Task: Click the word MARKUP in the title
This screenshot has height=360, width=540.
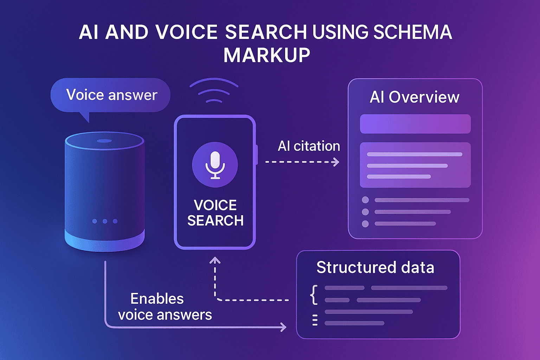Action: (267, 55)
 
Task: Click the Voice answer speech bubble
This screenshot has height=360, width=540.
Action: (111, 95)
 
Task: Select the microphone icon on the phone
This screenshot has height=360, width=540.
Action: (215, 165)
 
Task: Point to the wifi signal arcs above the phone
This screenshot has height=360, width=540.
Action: (214, 91)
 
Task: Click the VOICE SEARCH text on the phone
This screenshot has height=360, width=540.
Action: (215, 213)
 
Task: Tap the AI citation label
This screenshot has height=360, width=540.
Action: (309, 146)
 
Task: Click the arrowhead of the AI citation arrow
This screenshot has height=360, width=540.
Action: (336, 162)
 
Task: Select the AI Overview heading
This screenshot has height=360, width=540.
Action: (414, 97)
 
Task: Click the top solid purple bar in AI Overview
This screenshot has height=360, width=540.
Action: (415, 124)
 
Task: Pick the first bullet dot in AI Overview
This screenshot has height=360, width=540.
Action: (365, 200)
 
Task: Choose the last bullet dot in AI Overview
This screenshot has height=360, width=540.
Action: (365, 224)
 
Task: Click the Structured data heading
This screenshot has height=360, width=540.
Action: (375, 267)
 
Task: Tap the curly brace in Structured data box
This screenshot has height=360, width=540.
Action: (314, 295)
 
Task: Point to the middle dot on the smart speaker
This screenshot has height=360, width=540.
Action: (105, 221)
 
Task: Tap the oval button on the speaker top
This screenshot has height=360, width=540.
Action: (104, 141)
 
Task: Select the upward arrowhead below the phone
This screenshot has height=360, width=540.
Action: (215, 261)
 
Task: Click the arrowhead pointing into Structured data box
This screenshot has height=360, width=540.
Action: (283, 327)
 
